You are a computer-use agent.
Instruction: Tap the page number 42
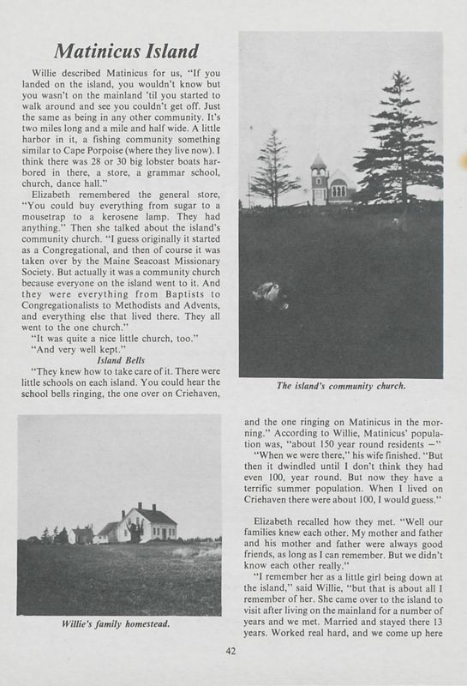click(x=231, y=650)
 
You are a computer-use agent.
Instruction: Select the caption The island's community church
click(x=340, y=386)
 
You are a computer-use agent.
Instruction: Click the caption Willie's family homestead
click(x=119, y=624)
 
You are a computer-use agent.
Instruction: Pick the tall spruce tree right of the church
click(x=396, y=141)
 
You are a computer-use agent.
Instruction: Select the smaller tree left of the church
click(x=273, y=169)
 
